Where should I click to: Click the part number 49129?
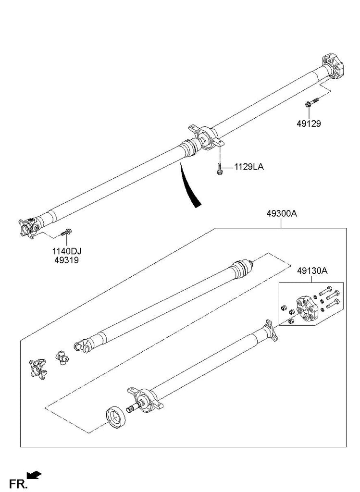click(x=308, y=123)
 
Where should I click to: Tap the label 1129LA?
click(x=249, y=167)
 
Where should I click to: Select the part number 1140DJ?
click(x=67, y=251)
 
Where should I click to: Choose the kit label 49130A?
click(x=312, y=271)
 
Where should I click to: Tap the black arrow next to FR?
click(x=35, y=475)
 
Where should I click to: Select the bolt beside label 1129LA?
click(x=219, y=169)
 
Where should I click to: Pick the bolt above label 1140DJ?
click(x=66, y=233)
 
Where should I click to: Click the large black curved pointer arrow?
click(x=189, y=187)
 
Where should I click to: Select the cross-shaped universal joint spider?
click(x=62, y=357)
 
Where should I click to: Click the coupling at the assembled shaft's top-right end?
click(x=332, y=65)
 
